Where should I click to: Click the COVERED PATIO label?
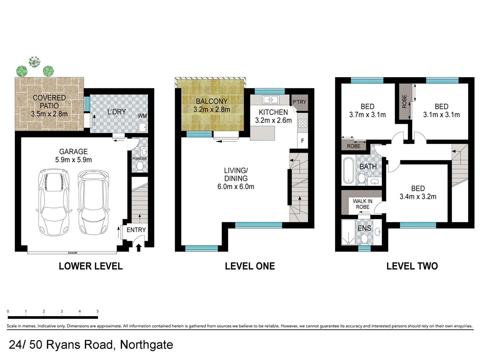[49, 105]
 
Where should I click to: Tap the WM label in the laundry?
[142, 116]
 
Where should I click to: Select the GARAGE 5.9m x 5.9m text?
[73, 156]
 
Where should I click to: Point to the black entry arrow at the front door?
[139, 247]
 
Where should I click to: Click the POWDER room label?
[140, 159]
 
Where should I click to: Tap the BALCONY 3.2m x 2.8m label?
[212, 105]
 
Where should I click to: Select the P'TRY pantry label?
[299, 102]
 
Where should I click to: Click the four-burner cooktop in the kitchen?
[303, 123]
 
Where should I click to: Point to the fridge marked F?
[303, 141]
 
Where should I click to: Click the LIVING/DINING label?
[236, 178]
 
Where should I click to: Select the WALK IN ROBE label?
[362, 204]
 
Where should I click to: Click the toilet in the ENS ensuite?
[364, 239]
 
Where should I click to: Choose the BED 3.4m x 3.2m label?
[418, 193]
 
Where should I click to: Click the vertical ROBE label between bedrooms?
[404, 101]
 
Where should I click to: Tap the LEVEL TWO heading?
[412, 266]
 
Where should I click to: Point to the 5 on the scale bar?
[98, 311]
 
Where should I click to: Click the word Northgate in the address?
[146, 345]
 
